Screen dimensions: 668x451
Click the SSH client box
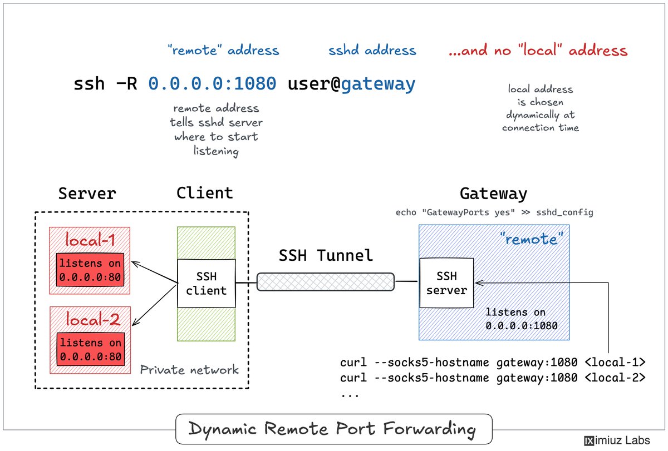tap(207, 283)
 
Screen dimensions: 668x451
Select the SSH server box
tap(446, 283)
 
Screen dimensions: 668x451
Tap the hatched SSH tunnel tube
tap(325, 282)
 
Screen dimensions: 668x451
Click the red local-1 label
tap(90, 240)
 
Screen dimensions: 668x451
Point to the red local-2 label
tap(93, 319)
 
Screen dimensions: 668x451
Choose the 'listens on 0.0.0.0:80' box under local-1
tap(90, 270)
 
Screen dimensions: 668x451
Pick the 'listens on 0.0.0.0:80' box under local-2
tap(91, 349)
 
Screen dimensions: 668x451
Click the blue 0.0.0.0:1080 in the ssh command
tap(212, 83)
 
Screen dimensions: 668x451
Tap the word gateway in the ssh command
tap(378, 85)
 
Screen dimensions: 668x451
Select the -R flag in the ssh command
tap(126, 83)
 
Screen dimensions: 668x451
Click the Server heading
tap(87, 194)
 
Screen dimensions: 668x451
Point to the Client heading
tap(205, 193)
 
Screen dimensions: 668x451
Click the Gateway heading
tap(494, 194)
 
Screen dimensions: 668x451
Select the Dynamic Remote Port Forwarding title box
tap(334, 429)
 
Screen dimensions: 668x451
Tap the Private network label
tap(189, 370)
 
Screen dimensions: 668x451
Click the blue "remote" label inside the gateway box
tap(531, 239)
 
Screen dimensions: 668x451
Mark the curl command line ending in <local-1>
tap(493, 363)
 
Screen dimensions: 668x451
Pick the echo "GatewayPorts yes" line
tap(494, 212)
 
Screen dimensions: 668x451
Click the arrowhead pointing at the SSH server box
tap(479, 283)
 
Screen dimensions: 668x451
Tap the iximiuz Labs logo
tap(617, 440)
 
